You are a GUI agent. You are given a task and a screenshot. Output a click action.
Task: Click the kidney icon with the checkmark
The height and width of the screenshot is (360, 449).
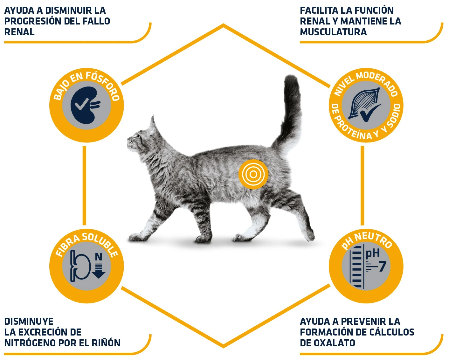tap(83, 105)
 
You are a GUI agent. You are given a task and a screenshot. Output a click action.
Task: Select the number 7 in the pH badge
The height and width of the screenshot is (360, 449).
tap(382, 267)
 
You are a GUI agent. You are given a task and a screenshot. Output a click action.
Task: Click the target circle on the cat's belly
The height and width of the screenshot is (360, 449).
tap(253, 174)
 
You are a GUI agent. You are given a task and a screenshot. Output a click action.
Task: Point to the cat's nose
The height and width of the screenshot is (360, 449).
tap(129, 139)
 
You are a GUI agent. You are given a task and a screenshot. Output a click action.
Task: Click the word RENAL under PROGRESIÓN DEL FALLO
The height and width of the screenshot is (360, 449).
tap(19, 32)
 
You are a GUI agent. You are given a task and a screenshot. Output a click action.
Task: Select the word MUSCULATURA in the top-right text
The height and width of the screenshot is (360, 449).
tap(333, 32)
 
